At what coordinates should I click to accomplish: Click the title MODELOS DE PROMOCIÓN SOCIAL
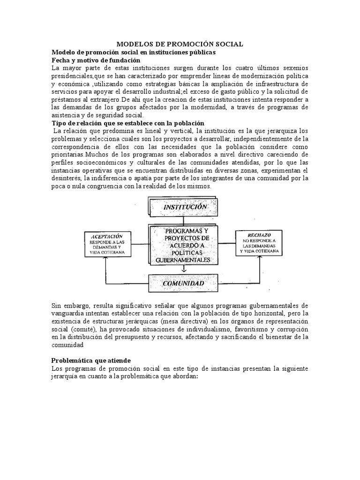[180, 44]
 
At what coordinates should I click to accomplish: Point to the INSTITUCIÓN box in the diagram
[185, 207]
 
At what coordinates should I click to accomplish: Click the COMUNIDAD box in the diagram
[183, 284]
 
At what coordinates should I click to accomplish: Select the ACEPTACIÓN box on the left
[107, 244]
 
